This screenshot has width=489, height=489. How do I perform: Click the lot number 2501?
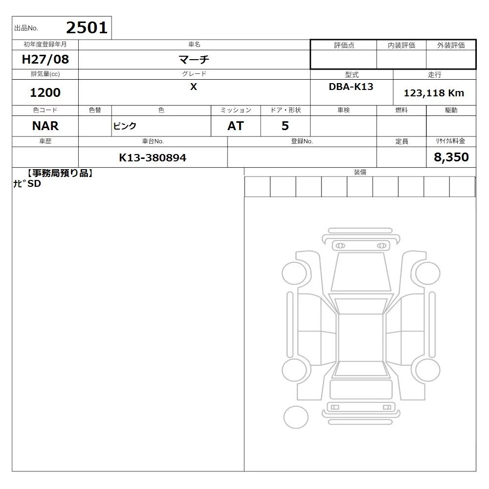click(87, 28)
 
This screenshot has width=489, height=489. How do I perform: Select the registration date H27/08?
click(45, 59)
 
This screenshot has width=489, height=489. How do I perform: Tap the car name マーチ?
click(194, 59)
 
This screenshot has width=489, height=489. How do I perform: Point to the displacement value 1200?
click(45, 92)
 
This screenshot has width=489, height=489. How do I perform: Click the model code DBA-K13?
click(351, 87)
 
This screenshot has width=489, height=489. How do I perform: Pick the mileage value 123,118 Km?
click(434, 93)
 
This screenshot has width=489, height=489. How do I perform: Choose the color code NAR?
click(45, 126)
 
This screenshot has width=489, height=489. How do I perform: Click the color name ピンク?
click(125, 126)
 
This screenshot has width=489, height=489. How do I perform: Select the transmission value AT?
click(236, 126)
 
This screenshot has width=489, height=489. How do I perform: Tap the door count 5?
click(285, 126)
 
